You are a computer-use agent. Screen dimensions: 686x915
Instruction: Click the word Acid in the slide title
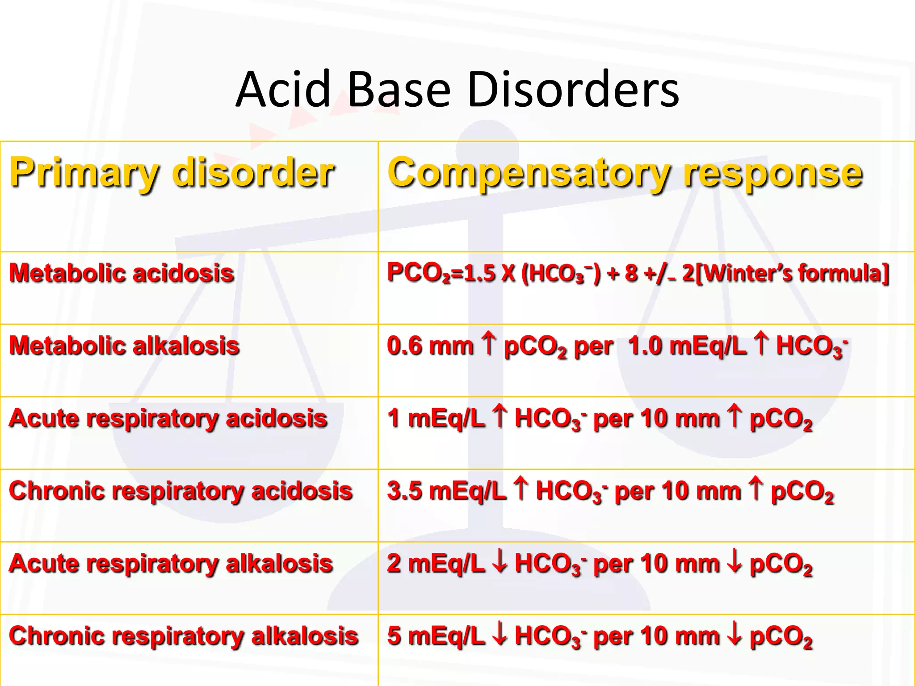pos(282,89)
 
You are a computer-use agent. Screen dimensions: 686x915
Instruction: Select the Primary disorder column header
pos(172,173)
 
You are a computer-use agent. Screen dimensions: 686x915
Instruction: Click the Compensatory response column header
pos(625,173)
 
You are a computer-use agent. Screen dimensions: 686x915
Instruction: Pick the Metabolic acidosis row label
pos(122,273)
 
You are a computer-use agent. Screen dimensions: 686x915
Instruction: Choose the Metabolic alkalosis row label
pos(124,346)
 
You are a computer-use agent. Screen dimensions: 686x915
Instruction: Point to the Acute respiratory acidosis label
pos(168,418)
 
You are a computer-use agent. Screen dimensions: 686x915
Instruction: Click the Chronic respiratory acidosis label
pos(181,491)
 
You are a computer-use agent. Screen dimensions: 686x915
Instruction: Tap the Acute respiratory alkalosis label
pos(171,563)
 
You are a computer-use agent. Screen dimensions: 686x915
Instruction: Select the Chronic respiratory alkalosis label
pos(184,636)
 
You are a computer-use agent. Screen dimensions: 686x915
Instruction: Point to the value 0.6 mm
pos(430,346)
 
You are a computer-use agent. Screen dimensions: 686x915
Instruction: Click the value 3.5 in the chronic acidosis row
pos(404,491)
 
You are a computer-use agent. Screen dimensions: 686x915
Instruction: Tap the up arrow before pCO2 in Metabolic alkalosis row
pos(489,345)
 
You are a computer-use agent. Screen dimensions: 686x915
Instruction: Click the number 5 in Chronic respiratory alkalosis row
pos(394,636)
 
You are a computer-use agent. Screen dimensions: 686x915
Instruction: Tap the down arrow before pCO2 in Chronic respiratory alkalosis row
pos(734,635)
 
